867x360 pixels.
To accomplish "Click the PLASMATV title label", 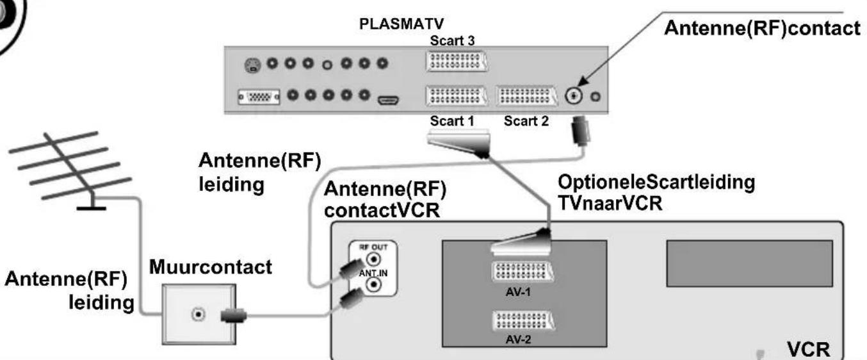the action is tap(401, 24).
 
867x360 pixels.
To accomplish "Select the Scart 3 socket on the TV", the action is tap(457, 61).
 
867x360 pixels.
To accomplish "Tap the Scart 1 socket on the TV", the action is tap(457, 95).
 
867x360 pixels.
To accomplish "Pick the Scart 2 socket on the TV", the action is tap(526, 95).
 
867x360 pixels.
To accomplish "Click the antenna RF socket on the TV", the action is tap(574, 95).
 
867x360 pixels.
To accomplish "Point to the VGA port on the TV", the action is tap(259, 97).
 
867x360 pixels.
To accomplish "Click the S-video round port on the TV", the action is tap(252, 65).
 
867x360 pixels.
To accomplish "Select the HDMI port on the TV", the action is tap(388, 101).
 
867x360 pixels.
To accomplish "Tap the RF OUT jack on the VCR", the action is tap(373, 259).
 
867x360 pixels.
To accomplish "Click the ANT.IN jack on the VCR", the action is tap(373, 285).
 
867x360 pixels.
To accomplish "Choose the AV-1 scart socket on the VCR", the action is tap(522, 272).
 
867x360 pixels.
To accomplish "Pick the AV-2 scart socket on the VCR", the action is tap(523, 320).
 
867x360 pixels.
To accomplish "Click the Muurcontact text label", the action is tap(211, 267).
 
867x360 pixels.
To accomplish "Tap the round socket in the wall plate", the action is tap(198, 315).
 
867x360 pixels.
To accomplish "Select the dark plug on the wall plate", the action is tap(233, 316).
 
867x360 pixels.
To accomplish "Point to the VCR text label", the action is tap(808, 350).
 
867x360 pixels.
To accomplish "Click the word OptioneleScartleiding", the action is tap(656, 183).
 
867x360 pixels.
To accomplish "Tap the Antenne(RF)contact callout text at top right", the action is tap(762, 28).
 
